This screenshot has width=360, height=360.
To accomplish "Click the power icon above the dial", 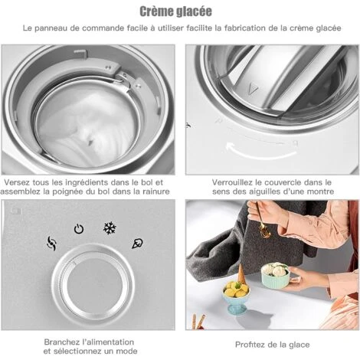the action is pos(79,229).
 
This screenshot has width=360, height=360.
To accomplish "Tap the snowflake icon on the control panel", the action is pos(110,228).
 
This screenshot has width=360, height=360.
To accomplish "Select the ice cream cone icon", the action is pos(137,244).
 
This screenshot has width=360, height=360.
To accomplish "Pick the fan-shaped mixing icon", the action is pos(51,244).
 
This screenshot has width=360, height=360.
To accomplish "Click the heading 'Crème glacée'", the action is pos(176,11).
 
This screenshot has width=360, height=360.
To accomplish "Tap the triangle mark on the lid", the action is pos(253,90).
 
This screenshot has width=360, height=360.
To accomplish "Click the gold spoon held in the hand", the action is pos(262,221).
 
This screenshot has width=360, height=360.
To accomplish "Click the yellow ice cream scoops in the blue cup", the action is pos(235,290).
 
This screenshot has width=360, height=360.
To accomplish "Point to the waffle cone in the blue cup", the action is pos(241,274).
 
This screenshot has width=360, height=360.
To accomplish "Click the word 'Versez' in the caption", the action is pos(17,182).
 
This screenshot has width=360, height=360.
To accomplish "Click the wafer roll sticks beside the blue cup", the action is pos(198,322).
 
